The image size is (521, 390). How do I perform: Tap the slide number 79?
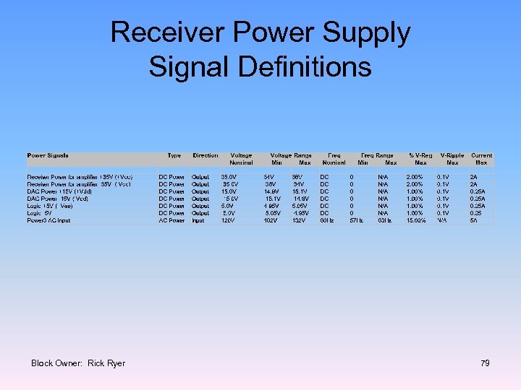[485, 363]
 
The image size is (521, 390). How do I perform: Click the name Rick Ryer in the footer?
[106, 363]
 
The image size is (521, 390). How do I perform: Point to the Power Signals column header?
[48, 155]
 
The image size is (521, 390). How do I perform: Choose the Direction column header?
[206, 155]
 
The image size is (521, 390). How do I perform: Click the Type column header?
[174, 155]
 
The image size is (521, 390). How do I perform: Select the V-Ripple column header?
[452, 155]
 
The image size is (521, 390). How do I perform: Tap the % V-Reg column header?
[421, 155]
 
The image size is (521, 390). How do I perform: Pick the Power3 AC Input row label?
[49, 220]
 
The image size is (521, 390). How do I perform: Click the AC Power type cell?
[172, 220]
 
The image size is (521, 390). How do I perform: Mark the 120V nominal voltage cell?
[229, 220]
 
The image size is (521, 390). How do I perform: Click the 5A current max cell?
[473, 220]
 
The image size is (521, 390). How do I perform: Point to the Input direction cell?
[198, 220]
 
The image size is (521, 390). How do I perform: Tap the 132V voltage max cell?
[298, 220]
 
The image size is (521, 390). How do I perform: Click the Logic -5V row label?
[40, 213]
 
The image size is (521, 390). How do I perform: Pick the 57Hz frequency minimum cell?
[356, 220]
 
